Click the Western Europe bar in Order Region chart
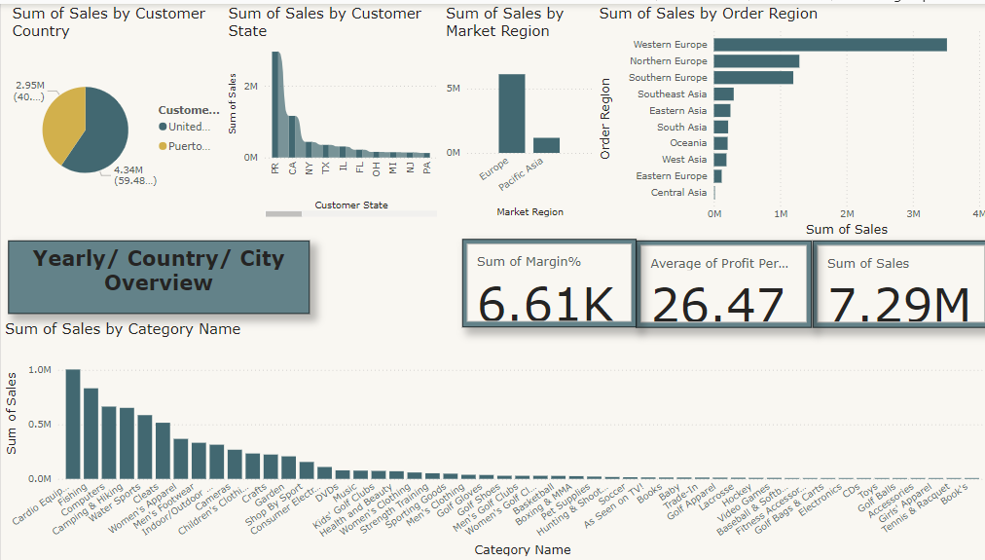pos(829,45)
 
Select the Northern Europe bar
pos(755,61)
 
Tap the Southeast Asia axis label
pos(672,94)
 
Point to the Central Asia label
pos(678,193)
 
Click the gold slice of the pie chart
pos(62,123)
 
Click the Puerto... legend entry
pos(189,146)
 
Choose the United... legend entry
pos(188,127)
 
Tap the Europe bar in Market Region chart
pos(511,113)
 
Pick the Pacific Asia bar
pos(546,145)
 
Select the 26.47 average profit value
pos(718,305)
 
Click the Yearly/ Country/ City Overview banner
pos(159,272)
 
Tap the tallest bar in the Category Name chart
pos(73,424)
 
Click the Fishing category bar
pos(91,433)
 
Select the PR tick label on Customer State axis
pos(275,168)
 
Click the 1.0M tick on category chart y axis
pos(40,370)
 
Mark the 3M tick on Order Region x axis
pos(913,213)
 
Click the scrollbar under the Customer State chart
pos(284,213)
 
